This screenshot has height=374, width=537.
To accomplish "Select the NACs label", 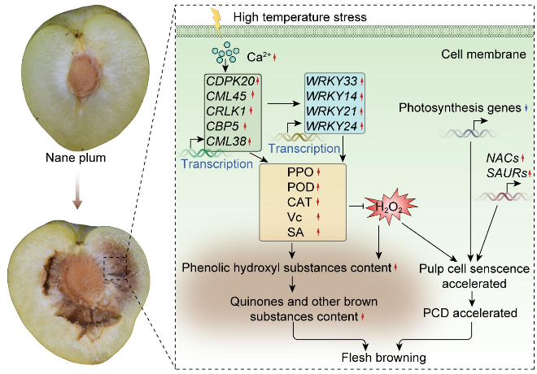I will click(500, 158).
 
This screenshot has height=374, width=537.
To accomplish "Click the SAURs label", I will click(502, 172).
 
